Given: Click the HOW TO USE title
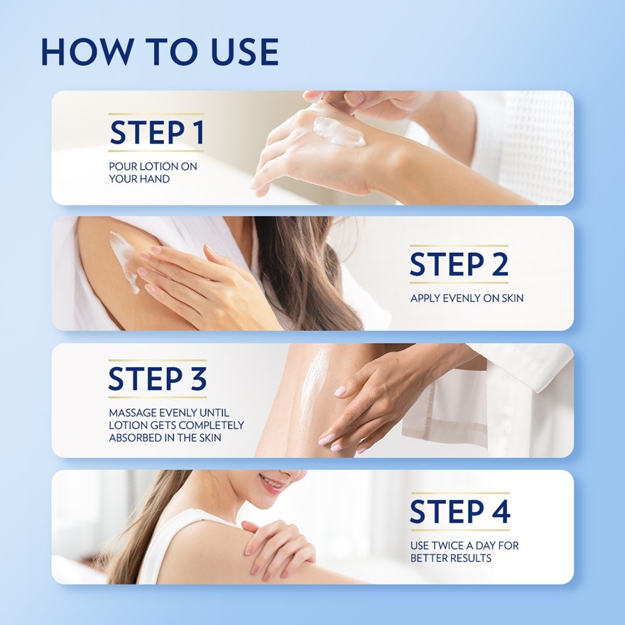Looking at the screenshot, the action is click(160, 52).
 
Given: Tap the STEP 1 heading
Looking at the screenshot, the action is click(157, 132).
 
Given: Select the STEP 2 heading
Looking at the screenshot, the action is click(459, 264).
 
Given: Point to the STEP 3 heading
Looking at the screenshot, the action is click(158, 379).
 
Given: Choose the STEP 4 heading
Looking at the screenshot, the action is click(460, 511).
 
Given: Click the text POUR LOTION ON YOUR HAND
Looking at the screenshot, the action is click(153, 172).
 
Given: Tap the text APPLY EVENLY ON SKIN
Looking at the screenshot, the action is click(467, 298).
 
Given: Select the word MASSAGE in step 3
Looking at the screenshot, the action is click(132, 413).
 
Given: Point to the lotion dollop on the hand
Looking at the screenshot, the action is click(338, 131).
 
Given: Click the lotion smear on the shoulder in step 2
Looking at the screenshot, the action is click(124, 261).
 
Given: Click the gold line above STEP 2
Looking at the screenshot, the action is click(459, 246).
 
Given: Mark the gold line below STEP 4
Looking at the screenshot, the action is click(460, 530).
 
